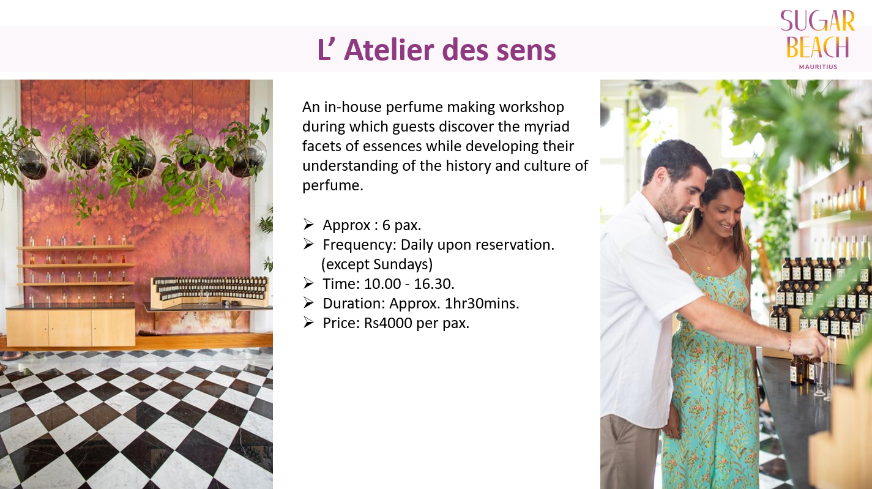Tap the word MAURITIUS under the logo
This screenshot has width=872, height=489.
[x=818, y=67]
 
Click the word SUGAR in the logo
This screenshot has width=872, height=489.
[x=818, y=21]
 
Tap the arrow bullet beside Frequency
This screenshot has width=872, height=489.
[x=308, y=244]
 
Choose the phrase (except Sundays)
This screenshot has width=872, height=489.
[x=377, y=264]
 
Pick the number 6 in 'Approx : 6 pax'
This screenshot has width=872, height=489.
[x=386, y=225]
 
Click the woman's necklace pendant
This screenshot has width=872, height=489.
[x=709, y=267]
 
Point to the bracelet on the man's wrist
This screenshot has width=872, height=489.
[x=789, y=343]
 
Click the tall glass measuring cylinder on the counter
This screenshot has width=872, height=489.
[x=830, y=368]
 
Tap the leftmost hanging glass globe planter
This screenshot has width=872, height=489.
[x=32, y=163]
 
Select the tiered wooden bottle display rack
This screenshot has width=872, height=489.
[x=211, y=292]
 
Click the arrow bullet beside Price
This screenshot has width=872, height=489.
[x=308, y=323]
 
